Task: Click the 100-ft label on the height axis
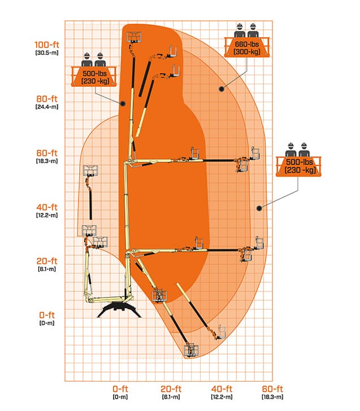pyautogui.click(x=47, y=45)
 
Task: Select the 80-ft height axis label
pyautogui.click(x=47, y=99)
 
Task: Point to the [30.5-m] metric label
pyautogui.click(x=47, y=53)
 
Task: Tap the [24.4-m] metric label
pyautogui.click(x=47, y=107)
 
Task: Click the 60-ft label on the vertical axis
pyautogui.click(x=47, y=153)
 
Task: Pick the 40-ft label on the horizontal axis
pyautogui.click(x=222, y=389)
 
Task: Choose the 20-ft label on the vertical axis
pyautogui.click(x=47, y=261)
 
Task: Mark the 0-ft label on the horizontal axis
pyautogui.click(x=120, y=389)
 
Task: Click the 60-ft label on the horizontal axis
pyautogui.click(x=272, y=389)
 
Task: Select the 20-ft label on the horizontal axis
pyautogui.click(x=171, y=389)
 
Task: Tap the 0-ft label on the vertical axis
pyautogui.click(x=47, y=315)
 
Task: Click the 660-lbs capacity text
pyautogui.click(x=246, y=44)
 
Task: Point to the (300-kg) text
pyautogui.click(x=246, y=51)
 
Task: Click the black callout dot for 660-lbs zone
pyautogui.click(x=222, y=89)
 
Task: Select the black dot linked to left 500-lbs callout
pyautogui.click(x=123, y=103)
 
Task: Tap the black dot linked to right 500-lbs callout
pyautogui.click(x=259, y=208)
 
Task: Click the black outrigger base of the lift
pyautogui.click(x=119, y=309)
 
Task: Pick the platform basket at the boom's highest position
pyautogui.click(x=135, y=37)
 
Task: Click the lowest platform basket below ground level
pyautogui.click(x=191, y=350)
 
